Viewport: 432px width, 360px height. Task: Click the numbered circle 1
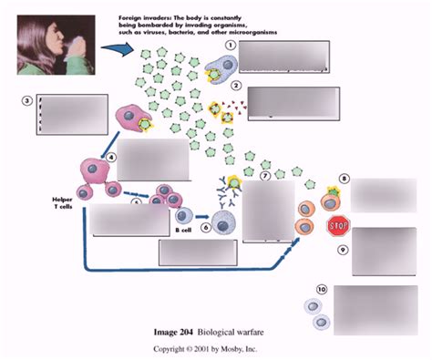(231, 45)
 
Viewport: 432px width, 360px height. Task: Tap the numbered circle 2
(236, 87)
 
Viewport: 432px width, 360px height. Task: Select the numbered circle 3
(28, 101)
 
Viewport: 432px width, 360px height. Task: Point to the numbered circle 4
(110, 156)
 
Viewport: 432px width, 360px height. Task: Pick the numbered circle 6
(206, 228)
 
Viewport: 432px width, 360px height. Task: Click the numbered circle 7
(265, 175)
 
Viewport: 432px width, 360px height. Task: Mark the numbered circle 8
(344, 180)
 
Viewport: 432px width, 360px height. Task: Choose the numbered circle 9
(344, 249)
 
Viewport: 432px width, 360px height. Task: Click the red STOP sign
(338, 224)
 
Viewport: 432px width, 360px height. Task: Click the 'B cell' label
(183, 231)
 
